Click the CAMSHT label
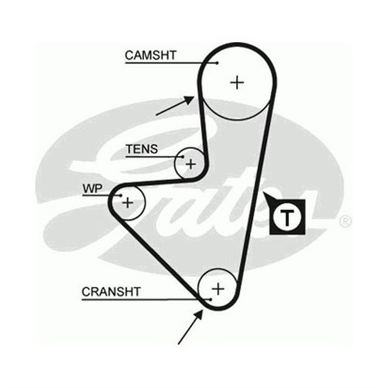click(150, 55)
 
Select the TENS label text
click(141, 149)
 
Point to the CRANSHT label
click(111, 292)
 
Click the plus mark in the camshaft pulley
click(237, 82)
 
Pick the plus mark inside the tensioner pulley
click(191, 163)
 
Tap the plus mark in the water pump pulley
click(127, 202)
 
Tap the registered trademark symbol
click(345, 221)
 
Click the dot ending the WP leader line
click(121, 195)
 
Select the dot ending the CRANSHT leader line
click(209, 299)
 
